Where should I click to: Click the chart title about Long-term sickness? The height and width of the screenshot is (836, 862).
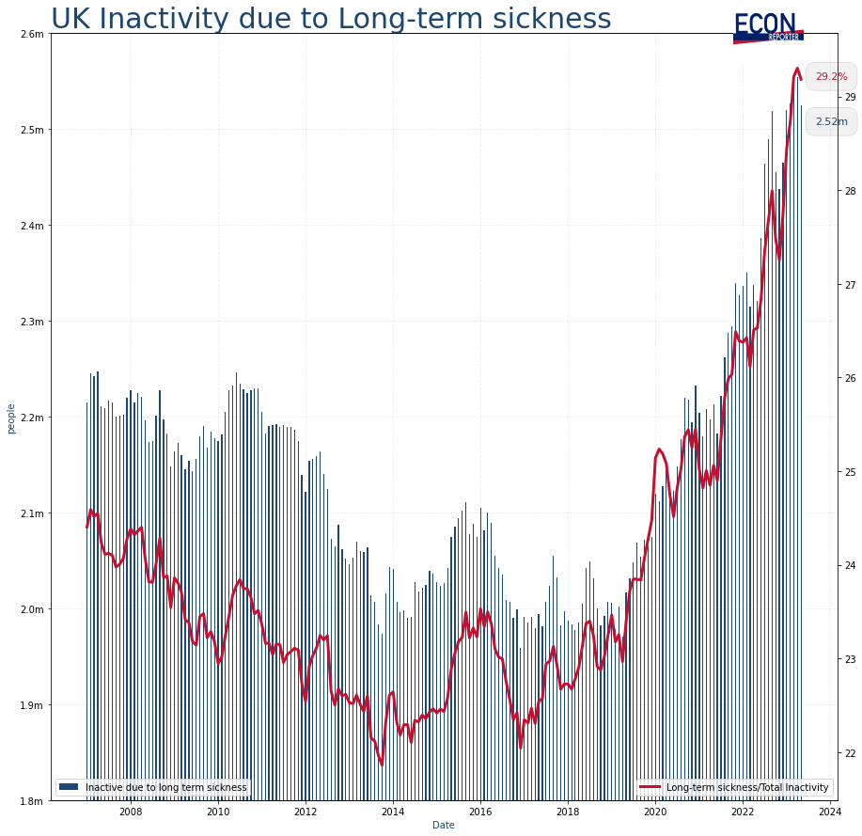[x=331, y=18]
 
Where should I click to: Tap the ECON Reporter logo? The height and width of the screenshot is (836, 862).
[x=767, y=27]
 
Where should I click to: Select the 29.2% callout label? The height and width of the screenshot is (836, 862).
[x=831, y=77]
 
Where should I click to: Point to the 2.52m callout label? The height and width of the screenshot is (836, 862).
[x=831, y=121]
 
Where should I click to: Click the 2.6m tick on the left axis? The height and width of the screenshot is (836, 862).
[x=31, y=35]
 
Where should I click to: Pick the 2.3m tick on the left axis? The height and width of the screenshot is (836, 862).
[x=31, y=322]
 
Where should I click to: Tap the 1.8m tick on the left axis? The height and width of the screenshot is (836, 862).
[x=31, y=801]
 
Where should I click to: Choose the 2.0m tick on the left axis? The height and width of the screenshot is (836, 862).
[x=31, y=609]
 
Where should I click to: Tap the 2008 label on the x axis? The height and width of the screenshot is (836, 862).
[x=130, y=812]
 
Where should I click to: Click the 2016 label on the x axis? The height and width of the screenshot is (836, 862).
[x=480, y=812]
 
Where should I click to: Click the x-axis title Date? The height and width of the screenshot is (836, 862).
[x=443, y=825]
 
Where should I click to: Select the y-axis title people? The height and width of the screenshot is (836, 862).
[x=10, y=418]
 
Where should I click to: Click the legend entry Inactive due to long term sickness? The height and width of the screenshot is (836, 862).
[x=165, y=786]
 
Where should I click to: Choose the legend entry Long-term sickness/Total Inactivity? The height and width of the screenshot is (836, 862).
[x=747, y=786]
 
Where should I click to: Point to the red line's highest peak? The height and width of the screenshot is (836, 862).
[x=797, y=69]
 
